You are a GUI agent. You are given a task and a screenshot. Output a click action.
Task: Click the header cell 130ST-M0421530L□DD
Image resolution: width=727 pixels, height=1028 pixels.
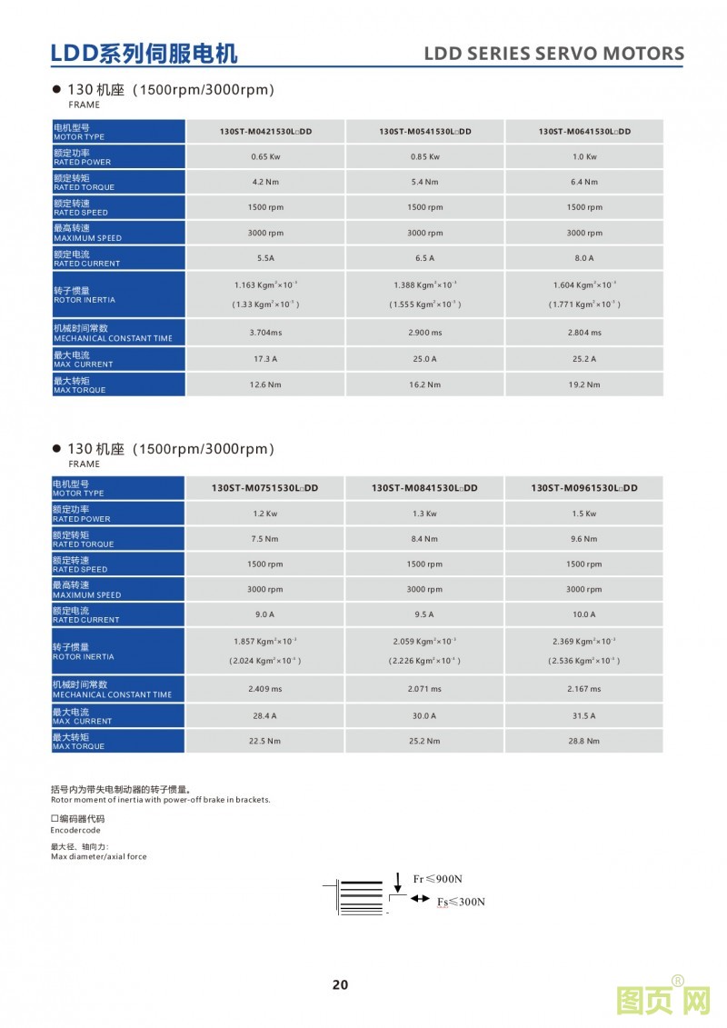pos(265,132)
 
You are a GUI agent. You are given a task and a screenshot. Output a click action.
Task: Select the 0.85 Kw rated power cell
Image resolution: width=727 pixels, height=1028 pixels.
pos(424,156)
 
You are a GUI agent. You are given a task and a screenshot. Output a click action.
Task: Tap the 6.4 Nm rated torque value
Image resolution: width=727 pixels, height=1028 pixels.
pos(584,182)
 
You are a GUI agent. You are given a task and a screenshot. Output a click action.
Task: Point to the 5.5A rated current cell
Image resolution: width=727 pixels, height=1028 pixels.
pos(265,258)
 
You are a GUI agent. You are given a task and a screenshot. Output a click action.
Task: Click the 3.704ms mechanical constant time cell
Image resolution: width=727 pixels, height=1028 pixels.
pos(265,333)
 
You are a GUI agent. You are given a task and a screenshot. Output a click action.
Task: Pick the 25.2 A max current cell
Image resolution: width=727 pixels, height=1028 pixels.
pos(584,359)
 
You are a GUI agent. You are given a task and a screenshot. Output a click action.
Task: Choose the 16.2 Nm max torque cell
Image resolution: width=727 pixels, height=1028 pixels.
pos(424,384)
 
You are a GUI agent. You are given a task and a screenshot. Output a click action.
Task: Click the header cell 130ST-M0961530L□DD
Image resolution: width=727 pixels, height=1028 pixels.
pos(584,488)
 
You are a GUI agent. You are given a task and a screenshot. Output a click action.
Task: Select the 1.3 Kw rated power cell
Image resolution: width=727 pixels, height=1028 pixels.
pos(424,514)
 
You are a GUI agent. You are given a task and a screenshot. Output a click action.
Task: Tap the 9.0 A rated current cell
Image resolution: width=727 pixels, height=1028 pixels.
pos(265,614)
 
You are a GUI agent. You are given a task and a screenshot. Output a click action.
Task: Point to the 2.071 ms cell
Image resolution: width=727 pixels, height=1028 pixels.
pos(424,689)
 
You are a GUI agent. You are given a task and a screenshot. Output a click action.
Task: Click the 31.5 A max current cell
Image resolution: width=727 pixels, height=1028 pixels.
pos(584,715)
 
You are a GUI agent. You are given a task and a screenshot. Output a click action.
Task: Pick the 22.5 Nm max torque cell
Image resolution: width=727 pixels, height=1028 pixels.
pos(265,741)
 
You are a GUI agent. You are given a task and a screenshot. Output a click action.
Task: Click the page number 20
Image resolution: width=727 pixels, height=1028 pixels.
pos(340,984)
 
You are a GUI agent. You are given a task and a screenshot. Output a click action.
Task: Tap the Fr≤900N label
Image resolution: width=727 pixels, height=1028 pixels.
pos(438,879)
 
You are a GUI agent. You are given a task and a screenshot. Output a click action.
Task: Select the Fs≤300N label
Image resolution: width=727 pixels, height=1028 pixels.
pos(461,902)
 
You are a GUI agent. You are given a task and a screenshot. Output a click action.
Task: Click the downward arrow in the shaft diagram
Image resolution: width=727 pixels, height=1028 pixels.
pos(398,882)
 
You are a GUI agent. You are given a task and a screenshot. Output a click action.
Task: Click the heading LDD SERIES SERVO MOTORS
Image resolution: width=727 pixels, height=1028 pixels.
pos(553,54)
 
